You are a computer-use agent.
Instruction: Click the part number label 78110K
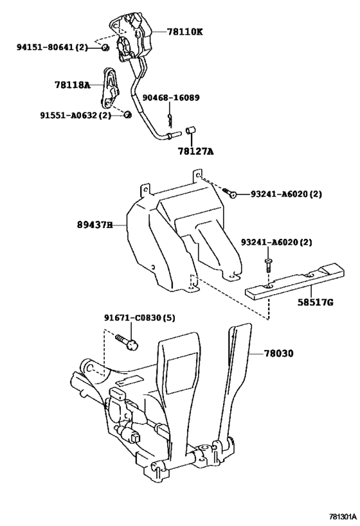click(184, 32)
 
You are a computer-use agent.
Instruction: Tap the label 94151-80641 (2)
click(52, 48)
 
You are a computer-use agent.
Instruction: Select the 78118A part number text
click(73, 85)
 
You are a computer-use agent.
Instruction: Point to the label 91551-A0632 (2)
click(76, 116)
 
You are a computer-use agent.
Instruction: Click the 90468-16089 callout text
click(171, 98)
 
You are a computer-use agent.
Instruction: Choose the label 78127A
click(196, 152)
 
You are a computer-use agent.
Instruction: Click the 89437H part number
click(94, 225)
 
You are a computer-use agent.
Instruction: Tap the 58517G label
click(316, 302)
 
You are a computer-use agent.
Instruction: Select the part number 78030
click(278, 353)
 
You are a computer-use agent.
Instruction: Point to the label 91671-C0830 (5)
click(139, 317)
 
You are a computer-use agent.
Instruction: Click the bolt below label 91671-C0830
click(127, 342)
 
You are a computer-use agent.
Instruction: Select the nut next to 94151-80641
click(105, 48)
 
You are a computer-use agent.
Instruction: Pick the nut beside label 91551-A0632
click(127, 115)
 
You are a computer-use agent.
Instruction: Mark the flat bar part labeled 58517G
click(295, 281)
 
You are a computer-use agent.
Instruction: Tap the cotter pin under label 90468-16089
click(170, 121)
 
